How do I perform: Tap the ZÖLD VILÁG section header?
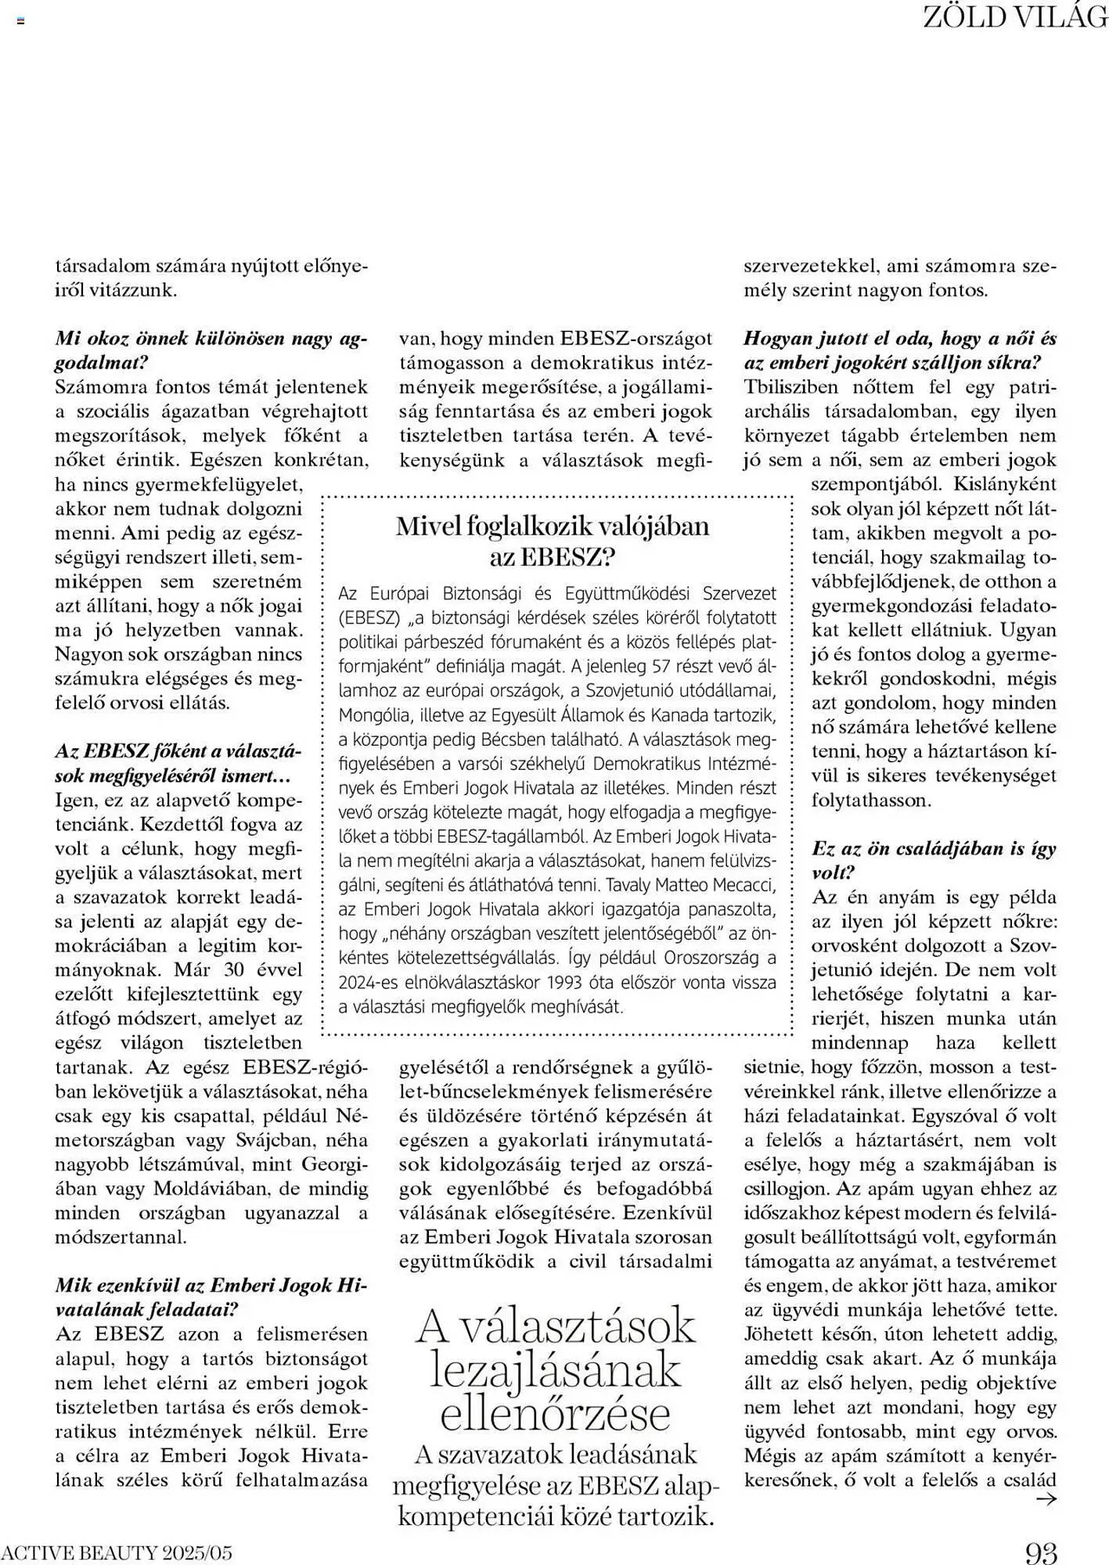pyautogui.click(x=1015, y=16)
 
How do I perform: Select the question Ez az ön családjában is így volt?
pyautogui.click(x=934, y=860)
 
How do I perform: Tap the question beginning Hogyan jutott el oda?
pyautogui.click(x=899, y=351)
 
